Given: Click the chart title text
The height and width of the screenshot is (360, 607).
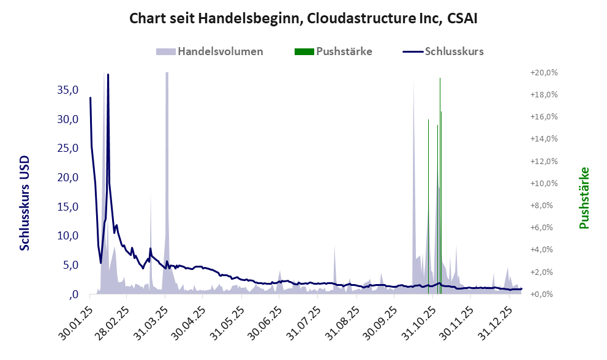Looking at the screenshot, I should [x=303, y=18].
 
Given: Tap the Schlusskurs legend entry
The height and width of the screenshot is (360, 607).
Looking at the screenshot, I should [x=454, y=51].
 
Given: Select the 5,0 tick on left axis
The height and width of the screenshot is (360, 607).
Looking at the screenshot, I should [x=71, y=265].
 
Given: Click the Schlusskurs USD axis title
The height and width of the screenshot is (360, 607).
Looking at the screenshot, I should [x=25, y=203].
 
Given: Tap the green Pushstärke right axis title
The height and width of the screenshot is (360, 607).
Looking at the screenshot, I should [x=584, y=198].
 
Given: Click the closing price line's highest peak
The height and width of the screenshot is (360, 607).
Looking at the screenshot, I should [x=108, y=76].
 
